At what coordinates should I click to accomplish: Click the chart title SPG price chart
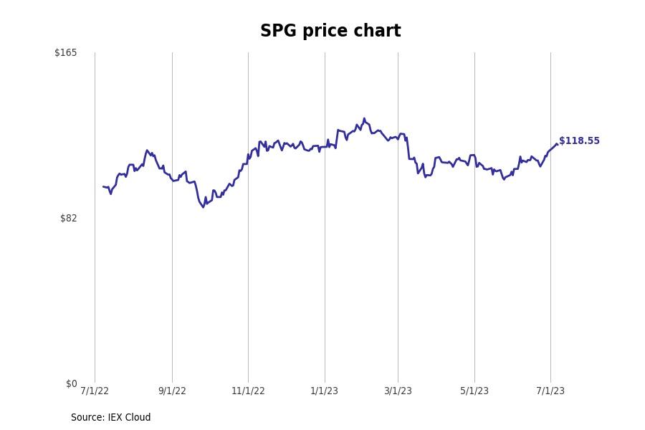pyautogui.click(x=330, y=32)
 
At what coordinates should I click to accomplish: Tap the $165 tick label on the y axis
pyautogui.click(x=65, y=53)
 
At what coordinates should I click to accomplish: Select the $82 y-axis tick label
pyautogui.click(x=68, y=219)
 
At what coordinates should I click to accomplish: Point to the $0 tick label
pyautogui.click(x=71, y=384)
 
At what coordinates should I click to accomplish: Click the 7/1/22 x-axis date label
pyautogui.click(x=95, y=391)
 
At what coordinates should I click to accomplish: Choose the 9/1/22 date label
pyautogui.click(x=172, y=391)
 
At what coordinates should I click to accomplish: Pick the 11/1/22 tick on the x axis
pyautogui.click(x=248, y=391)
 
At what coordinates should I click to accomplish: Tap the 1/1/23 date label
pyautogui.click(x=324, y=391)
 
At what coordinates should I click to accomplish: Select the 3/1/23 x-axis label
pyautogui.click(x=398, y=391)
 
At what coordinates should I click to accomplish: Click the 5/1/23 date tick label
pyautogui.click(x=474, y=391)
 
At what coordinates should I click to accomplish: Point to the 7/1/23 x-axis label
pyautogui.click(x=550, y=391)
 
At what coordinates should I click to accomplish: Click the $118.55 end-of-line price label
pyautogui.click(x=579, y=141)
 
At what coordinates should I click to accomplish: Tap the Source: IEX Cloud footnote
pyautogui.click(x=111, y=418)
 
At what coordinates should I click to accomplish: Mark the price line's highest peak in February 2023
pyautogui.click(x=364, y=119)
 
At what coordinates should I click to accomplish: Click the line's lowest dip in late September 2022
pyautogui.click(x=203, y=207)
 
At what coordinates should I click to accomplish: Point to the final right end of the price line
pyautogui.click(x=557, y=144)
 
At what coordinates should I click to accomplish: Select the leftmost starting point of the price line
pyautogui.click(x=103, y=186)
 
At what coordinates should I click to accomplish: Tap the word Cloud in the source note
pyautogui.click(x=138, y=418)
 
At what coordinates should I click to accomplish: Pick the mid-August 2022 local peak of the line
pyautogui.click(x=147, y=150)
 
